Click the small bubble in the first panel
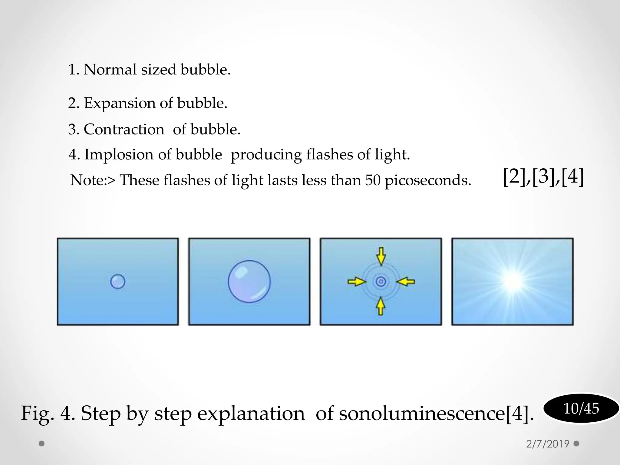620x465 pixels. (x=117, y=282)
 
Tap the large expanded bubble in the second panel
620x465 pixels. (x=249, y=282)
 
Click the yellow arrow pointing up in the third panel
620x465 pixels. (x=381, y=306)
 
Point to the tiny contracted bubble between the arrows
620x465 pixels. (x=381, y=282)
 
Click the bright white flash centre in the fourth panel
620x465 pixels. (x=513, y=281)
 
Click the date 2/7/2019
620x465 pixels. (x=548, y=444)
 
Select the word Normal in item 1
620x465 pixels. (x=110, y=70)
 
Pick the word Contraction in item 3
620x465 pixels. (x=124, y=130)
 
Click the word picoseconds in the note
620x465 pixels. (x=428, y=181)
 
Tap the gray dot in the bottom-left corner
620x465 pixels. (x=42, y=444)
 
